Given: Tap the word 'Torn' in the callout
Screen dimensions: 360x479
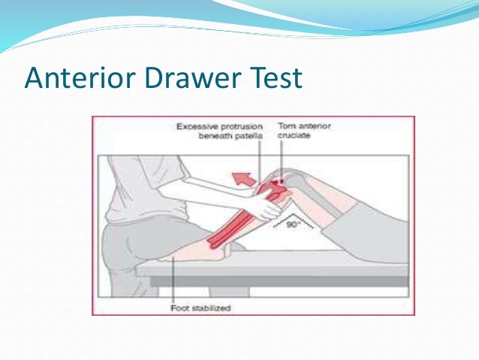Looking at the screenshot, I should coord(288,126).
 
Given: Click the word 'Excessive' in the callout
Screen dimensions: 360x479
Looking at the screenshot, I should coord(197,126).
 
